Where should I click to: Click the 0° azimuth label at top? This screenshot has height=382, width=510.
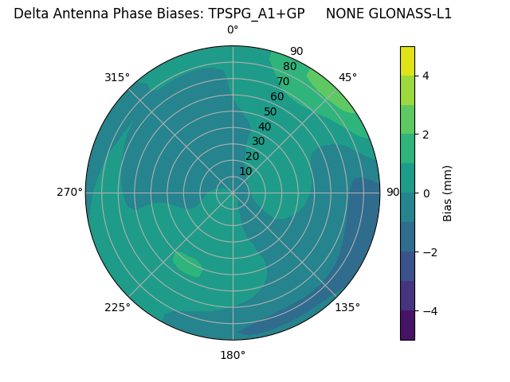coord(233,30)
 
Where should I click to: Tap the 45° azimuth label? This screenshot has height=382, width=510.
coord(347,77)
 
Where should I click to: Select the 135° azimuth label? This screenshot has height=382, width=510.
coord(347,307)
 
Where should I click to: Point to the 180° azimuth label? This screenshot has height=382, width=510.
coord(233,355)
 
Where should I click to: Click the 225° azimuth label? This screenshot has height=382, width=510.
coord(117,307)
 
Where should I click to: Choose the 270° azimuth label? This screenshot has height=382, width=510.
coord(69,192)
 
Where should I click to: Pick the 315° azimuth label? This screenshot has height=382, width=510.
coord(117,77)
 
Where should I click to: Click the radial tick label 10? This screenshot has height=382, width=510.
coord(245,171)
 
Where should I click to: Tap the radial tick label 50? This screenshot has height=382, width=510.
coord(270,111)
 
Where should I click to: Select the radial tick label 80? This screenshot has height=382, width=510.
coord(289,67)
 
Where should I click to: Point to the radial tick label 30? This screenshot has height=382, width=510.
coord(258,142)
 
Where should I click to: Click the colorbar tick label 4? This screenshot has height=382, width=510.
coord(426,76)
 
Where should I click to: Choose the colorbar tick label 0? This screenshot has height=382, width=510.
coord(426,193)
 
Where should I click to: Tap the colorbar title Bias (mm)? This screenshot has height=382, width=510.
coord(448,193)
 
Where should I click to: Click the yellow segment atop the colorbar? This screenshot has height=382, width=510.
coord(407,61)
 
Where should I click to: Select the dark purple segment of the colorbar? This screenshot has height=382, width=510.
coord(407,325)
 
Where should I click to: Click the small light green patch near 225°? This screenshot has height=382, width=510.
coord(187,264)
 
